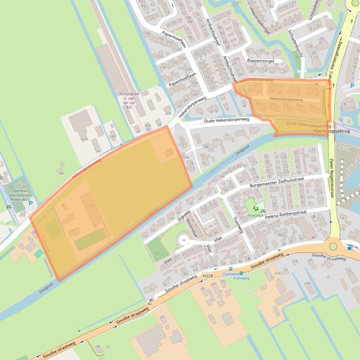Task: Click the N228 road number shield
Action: point(208,276)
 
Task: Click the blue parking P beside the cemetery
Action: point(31,203)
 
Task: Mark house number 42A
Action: point(84,139)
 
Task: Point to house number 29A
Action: point(308,283)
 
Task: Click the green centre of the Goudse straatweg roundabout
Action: point(333,246)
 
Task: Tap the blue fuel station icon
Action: point(350,247)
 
